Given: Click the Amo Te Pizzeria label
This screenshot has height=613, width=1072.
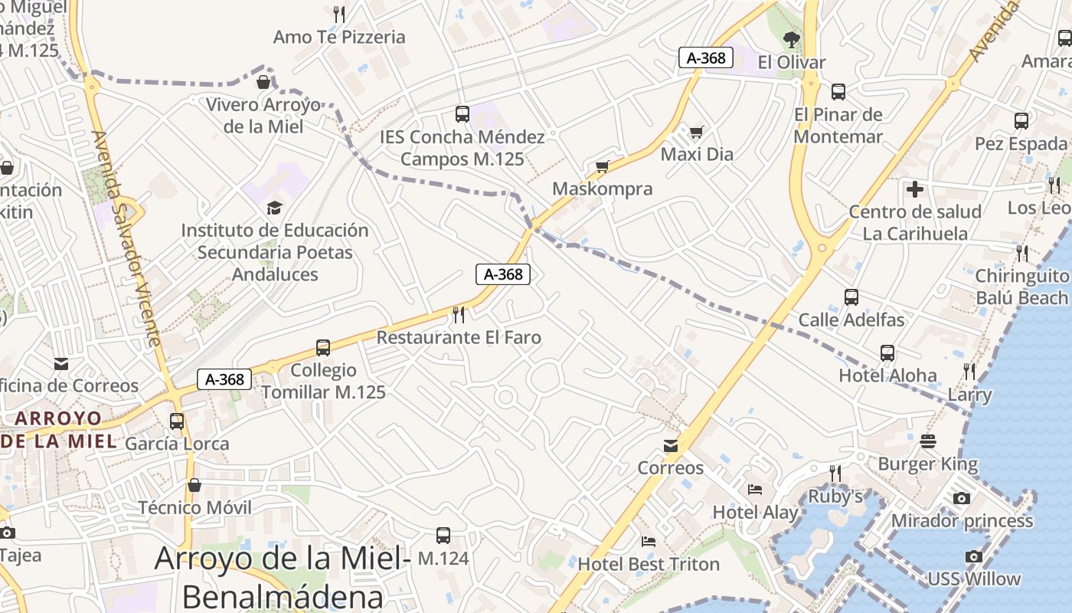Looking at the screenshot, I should point(339,37).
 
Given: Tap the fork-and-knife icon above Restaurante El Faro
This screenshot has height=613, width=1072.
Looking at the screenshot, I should point(459,314).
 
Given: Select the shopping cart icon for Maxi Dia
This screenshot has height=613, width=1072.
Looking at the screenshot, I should point(696,133).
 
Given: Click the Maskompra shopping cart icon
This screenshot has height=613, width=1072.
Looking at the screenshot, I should point(603,166).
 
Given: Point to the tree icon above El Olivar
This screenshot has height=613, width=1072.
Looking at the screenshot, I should point(792,39).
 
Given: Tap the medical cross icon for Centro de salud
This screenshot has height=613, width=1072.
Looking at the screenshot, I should point(914,189).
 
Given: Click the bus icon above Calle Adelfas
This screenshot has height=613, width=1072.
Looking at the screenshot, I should point(851,297).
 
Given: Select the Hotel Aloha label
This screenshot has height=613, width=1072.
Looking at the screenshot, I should point(887,375).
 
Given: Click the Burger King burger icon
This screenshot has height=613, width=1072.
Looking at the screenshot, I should point(928,441).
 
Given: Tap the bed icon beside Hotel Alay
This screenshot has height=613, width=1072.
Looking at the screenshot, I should point(755,489).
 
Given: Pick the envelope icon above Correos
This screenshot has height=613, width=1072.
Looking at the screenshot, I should point(671,445).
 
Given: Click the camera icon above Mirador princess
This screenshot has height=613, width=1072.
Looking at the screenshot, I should point(962,499).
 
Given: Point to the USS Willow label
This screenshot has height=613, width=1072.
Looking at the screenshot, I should point(974,579).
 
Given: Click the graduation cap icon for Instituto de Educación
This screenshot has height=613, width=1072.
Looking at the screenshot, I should point(274,208).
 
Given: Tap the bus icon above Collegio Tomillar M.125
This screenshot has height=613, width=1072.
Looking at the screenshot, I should point(323,348).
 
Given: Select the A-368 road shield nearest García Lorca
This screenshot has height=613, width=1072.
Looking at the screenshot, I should point(224,379).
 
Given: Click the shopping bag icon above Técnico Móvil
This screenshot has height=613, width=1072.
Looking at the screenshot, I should point(194,485).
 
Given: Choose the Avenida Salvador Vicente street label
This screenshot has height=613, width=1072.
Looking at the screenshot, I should point(126,238).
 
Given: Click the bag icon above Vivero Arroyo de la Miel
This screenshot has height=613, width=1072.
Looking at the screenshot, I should point(263,82).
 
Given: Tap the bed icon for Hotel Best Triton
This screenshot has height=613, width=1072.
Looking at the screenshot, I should point(649,542).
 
